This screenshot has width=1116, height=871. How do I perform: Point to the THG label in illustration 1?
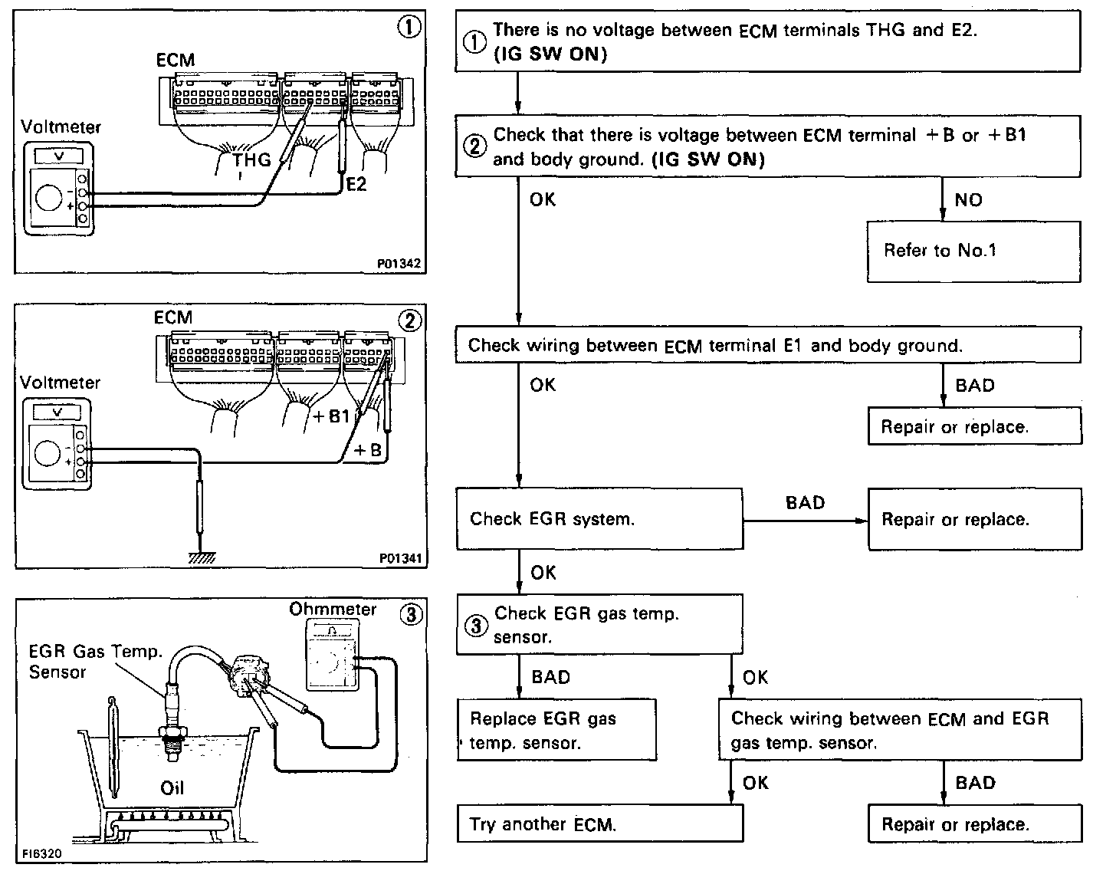click(252, 159)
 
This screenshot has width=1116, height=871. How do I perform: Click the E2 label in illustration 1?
click(356, 184)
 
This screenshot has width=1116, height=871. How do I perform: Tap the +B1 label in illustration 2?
click(332, 416)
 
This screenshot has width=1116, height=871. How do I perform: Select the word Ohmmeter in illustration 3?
click(333, 610)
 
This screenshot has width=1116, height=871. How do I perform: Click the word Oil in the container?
click(172, 787)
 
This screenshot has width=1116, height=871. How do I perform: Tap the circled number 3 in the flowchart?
click(476, 626)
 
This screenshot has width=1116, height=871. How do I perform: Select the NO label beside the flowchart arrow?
click(968, 200)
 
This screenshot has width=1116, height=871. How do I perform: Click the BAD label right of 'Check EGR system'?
click(805, 503)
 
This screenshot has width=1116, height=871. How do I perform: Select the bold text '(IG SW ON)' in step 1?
click(550, 55)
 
